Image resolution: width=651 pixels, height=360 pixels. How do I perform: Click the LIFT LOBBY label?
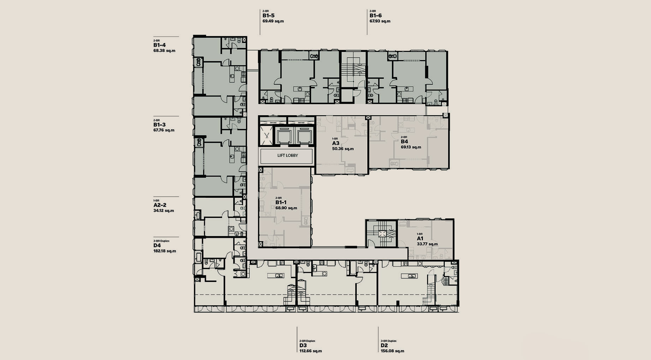click(x=288, y=155)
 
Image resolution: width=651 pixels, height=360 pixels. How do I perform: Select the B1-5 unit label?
click(x=268, y=16)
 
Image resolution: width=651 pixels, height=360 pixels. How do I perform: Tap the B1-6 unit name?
click(x=375, y=16)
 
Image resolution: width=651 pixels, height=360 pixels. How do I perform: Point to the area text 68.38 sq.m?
click(x=164, y=51)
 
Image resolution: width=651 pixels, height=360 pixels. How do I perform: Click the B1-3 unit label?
click(x=159, y=125)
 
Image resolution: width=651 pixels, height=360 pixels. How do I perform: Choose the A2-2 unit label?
click(x=160, y=205)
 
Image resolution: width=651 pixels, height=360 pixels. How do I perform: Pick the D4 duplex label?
click(x=157, y=246)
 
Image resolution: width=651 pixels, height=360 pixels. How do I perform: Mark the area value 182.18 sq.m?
click(x=165, y=251)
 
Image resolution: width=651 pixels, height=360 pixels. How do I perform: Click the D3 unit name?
click(x=303, y=346)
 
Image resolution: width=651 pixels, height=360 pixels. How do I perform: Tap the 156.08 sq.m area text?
click(x=392, y=351)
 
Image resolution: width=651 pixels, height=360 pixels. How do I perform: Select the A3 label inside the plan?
click(x=336, y=143)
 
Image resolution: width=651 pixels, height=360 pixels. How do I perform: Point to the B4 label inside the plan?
click(x=404, y=142)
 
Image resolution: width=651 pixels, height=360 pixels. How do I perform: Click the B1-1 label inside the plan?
click(x=281, y=202)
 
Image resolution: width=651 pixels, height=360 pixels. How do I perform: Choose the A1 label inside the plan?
click(x=420, y=238)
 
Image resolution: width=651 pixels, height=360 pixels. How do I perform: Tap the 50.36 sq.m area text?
click(x=343, y=149)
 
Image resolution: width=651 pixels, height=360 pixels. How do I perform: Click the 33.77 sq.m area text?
click(x=427, y=244)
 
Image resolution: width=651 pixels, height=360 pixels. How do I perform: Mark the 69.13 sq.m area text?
click(x=411, y=147)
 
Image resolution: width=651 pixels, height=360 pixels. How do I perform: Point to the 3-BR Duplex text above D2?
click(x=389, y=341)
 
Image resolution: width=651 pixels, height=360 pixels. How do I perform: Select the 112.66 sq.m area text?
click(x=310, y=351)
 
